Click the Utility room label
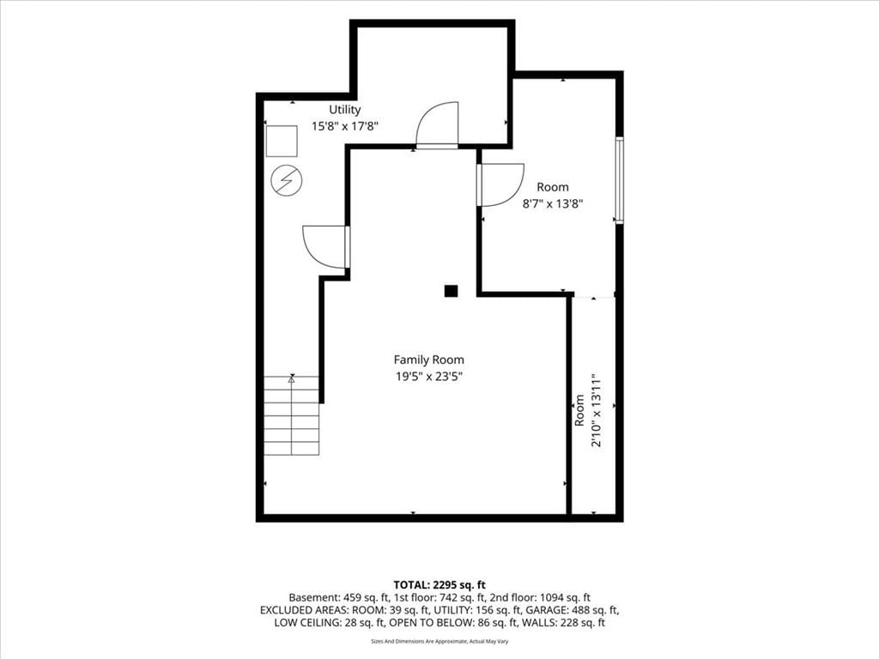345,110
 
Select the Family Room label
429,360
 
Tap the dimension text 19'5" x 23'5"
429,377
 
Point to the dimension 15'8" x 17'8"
345,126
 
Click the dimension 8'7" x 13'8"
553,203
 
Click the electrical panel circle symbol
287,180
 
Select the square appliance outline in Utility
282,142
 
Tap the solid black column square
452,291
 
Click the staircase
292,415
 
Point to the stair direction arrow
292,378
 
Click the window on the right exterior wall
620,180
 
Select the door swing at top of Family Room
437,125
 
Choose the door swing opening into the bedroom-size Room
500,185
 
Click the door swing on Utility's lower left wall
326,246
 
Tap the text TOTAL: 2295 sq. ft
439,585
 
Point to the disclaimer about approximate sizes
439,641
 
